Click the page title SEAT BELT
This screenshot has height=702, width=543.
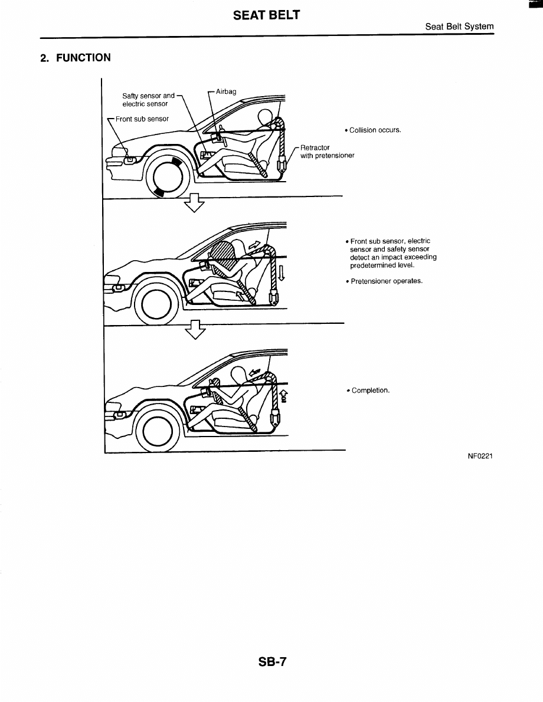pyautogui.click(x=267, y=15)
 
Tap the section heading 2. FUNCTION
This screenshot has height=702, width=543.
pyautogui.click(x=75, y=57)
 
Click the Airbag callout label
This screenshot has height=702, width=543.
pyautogui.click(x=226, y=91)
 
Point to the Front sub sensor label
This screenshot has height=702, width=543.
pyautogui.click(x=142, y=119)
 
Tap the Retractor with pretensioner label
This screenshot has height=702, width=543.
pyautogui.click(x=327, y=152)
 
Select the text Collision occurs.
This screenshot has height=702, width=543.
pyautogui.click(x=375, y=130)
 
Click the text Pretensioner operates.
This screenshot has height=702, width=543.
pyautogui.click(x=387, y=281)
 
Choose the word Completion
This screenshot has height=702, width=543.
pyautogui.click(x=371, y=391)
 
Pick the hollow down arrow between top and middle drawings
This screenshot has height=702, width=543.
pyautogui.click(x=194, y=202)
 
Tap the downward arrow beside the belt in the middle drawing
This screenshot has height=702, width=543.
pyautogui.click(x=282, y=273)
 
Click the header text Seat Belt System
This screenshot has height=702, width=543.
pyautogui.click(x=459, y=27)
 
